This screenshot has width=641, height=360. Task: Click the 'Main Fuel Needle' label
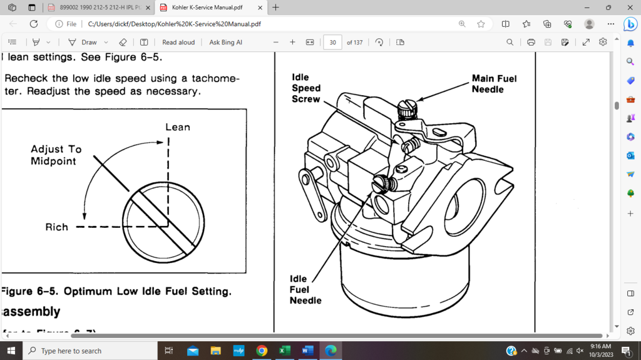(494, 84)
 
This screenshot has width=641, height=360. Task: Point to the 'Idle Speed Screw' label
(306, 88)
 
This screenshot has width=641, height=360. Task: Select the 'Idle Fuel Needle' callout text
(305, 289)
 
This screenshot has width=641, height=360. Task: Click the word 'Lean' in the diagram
(177, 127)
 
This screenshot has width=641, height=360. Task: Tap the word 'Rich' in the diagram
(56, 227)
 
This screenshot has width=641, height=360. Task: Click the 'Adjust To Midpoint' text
(56, 155)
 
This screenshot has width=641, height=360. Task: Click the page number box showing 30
(332, 43)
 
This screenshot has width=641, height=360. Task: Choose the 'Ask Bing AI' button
(225, 43)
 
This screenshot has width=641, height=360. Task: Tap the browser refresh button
(34, 24)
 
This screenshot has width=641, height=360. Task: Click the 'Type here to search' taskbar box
(91, 351)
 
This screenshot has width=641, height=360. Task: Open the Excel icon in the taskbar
(284, 351)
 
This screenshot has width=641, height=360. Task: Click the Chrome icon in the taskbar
(262, 351)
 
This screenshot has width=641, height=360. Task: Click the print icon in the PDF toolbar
(531, 43)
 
